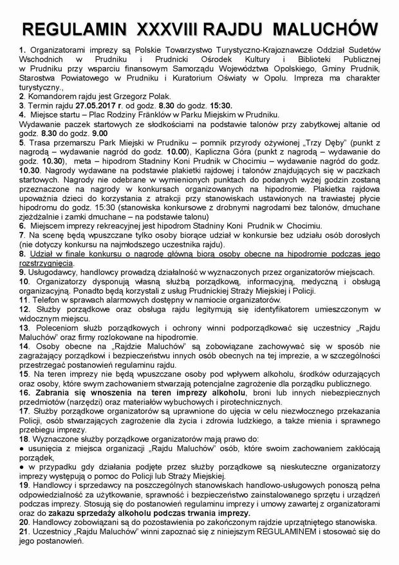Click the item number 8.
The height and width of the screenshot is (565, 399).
[x=21, y=254]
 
